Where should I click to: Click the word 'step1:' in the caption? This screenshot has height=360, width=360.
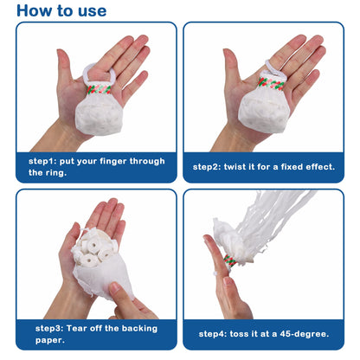click(44, 160)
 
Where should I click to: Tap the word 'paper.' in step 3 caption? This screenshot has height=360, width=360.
click(51, 340)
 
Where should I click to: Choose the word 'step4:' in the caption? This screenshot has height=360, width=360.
click(214, 334)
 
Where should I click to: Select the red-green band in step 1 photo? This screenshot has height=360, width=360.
click(101, 87)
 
